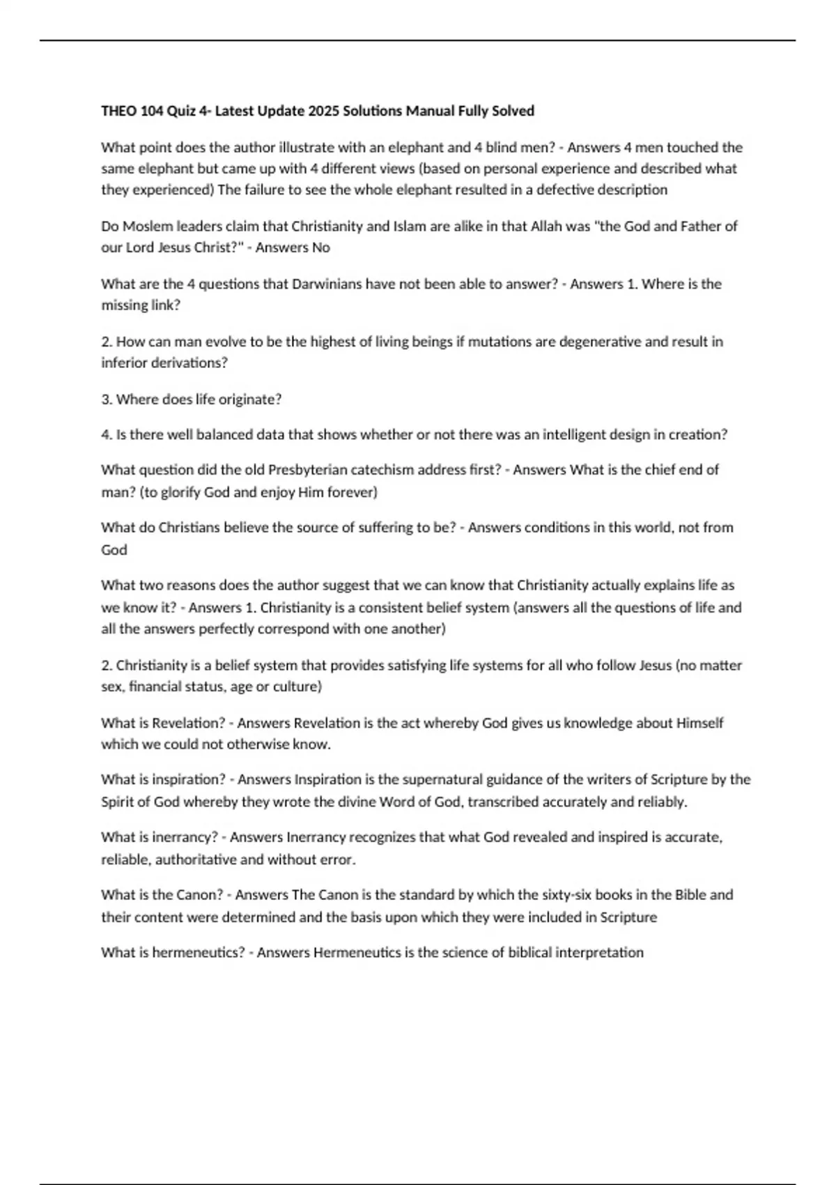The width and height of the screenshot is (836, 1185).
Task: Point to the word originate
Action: coord(252,399)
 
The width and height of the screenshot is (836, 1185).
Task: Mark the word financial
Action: coord(157,687)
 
